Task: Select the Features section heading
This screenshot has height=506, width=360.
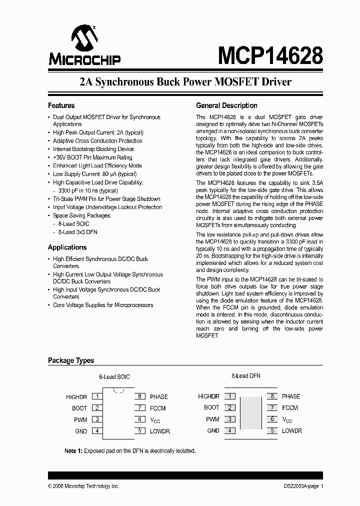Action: (61, 105)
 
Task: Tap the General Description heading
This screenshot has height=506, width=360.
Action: (226, 105)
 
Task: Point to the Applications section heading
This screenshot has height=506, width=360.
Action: (67, 247)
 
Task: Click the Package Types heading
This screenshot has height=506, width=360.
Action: (70, 360)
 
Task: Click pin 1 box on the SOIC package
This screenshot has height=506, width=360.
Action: (97, 396)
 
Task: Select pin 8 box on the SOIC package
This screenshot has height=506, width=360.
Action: (140, 396)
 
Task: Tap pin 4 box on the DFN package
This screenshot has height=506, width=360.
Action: (229, 430)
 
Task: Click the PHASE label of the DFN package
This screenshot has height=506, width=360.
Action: (291, 396)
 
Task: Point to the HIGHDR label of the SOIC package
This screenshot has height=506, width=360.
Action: (76, 397)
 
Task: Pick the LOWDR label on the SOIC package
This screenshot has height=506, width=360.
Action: (160, 431)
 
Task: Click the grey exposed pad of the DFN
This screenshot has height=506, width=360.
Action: (251, 413)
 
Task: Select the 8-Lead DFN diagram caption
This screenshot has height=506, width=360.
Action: (245, 376)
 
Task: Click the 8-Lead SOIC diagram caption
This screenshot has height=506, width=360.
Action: (114, 376)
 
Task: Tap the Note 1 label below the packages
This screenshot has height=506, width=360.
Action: (73, 450)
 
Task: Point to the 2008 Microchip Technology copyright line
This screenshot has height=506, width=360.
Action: (83, 486)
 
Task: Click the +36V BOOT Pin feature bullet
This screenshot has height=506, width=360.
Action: (92, 157)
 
